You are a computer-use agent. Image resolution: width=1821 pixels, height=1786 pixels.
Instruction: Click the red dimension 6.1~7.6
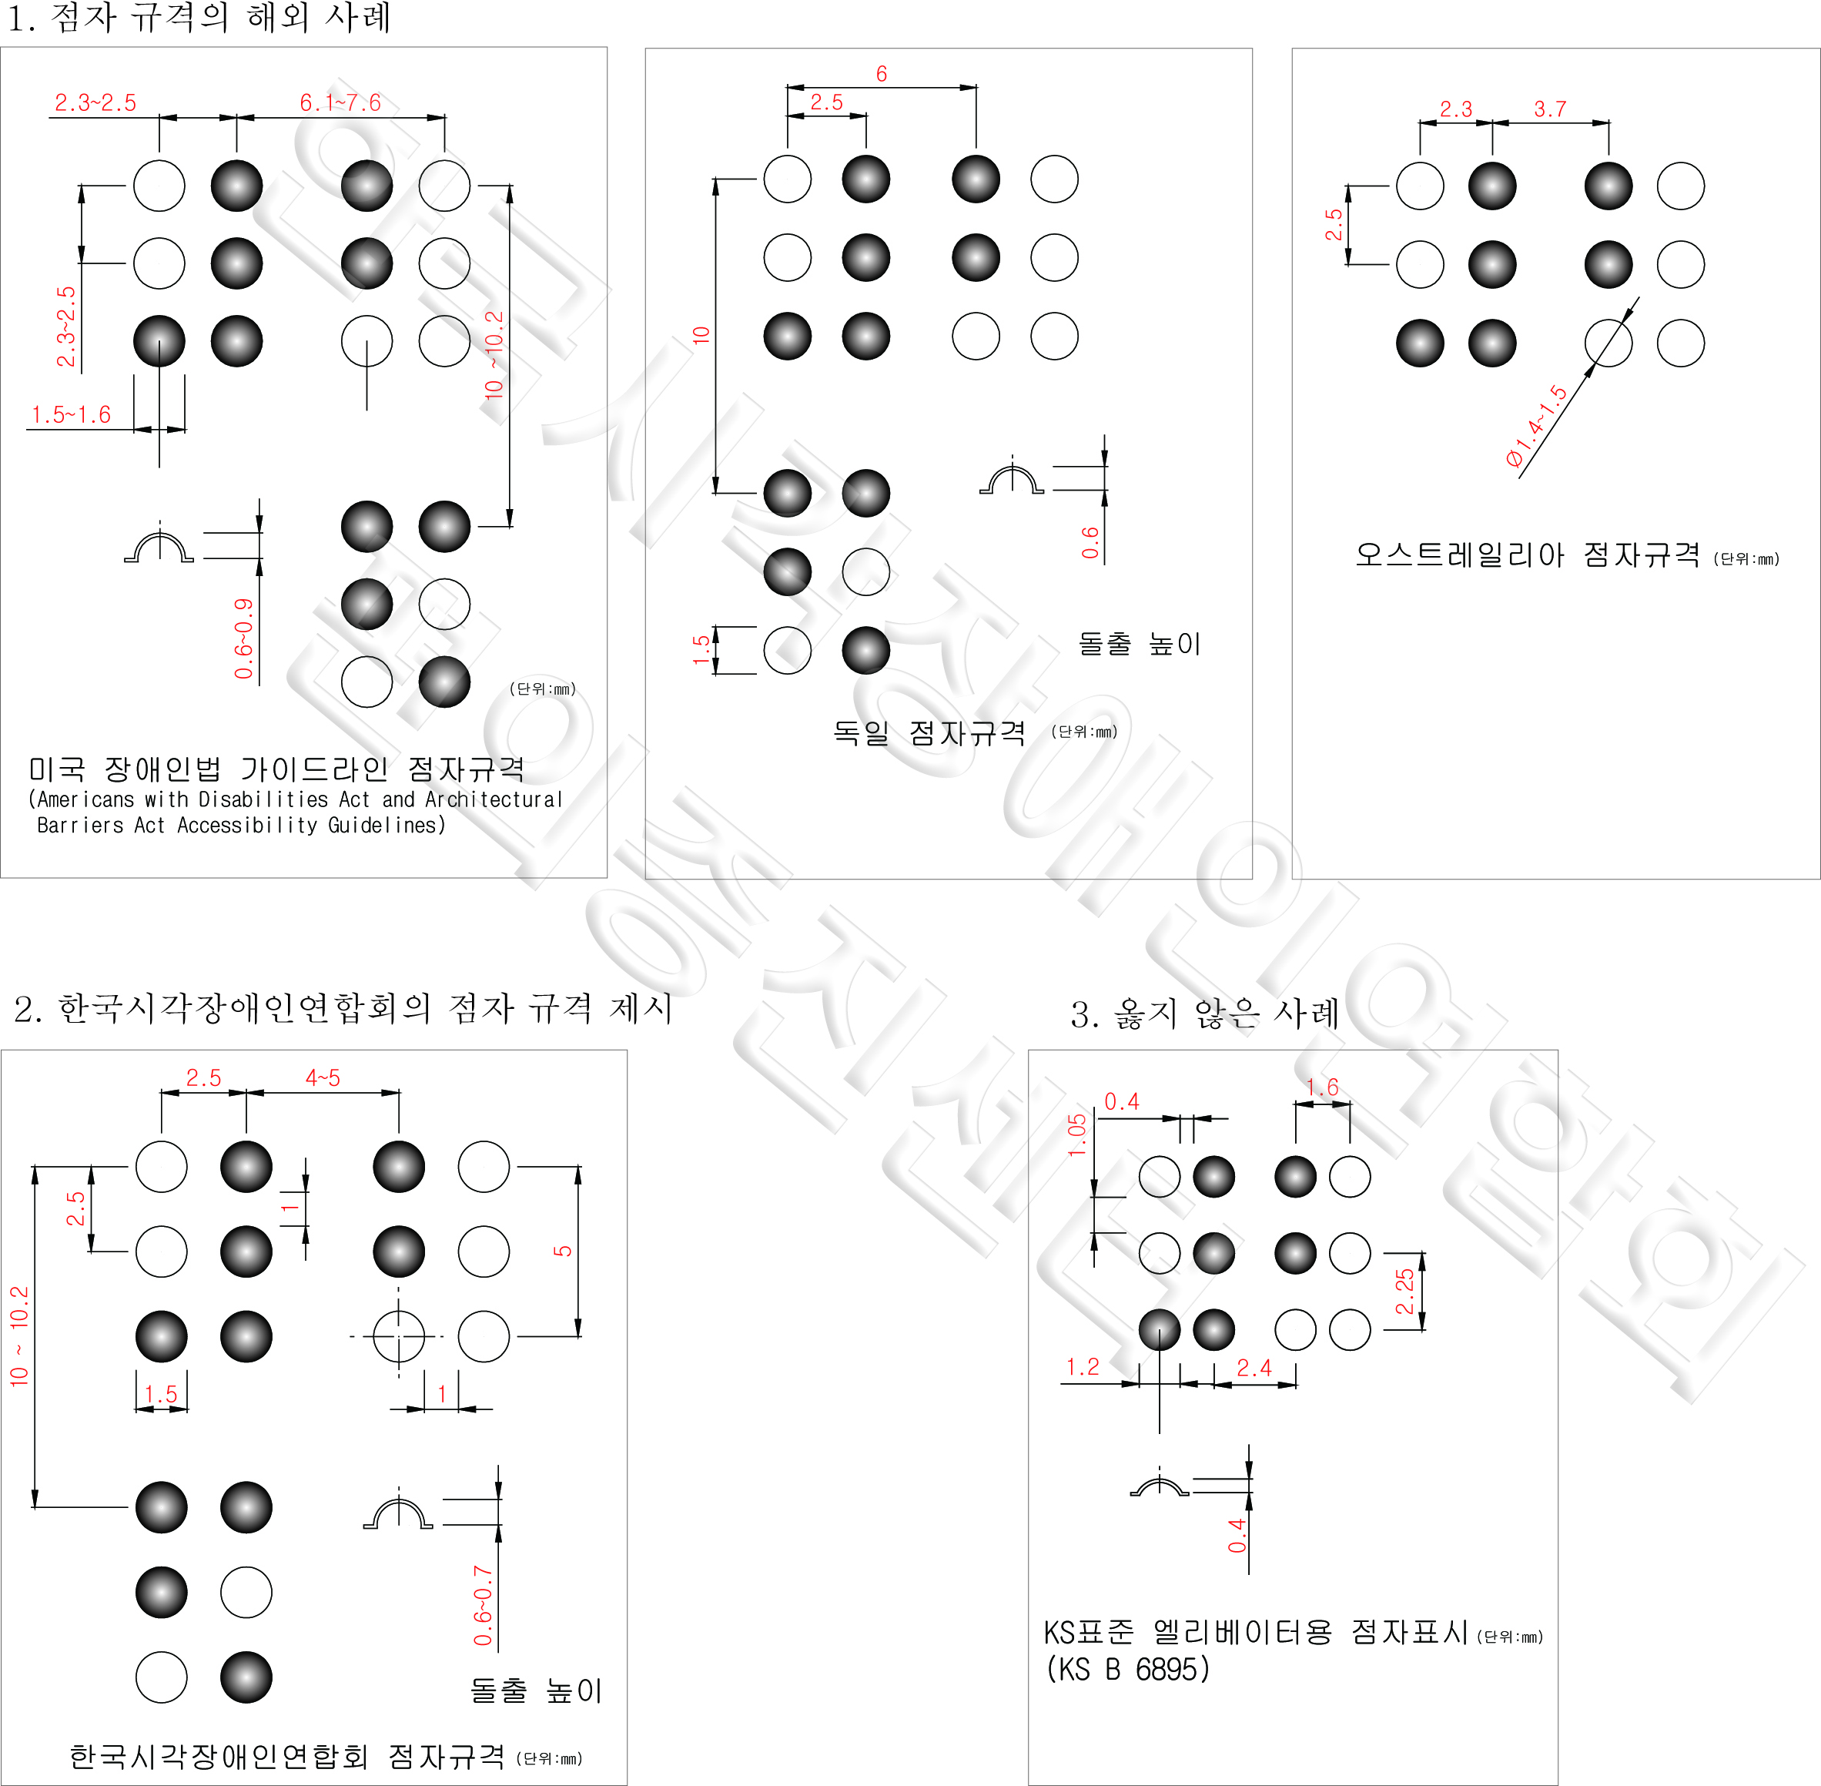(x=340, y=102)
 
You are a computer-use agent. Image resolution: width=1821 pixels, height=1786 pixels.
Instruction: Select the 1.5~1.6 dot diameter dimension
(x=72, y=414)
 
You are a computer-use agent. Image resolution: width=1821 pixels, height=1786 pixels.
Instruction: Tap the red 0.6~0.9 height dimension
(x=244, y=638)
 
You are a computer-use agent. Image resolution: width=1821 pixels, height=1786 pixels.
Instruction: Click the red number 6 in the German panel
(x=882, y=74)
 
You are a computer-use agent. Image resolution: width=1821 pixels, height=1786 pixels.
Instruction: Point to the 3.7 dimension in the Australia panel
(x=1550, y=109)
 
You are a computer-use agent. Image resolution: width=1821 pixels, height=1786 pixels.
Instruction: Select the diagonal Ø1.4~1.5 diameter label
(x=1537, y=426)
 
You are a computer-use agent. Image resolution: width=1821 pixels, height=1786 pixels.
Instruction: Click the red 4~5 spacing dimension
(x=323, y=1077)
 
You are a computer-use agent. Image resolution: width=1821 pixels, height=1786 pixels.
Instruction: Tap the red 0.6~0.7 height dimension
(x=483, y=1605)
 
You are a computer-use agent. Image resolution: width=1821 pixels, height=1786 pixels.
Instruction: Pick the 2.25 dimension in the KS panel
(x=1404, y=1292)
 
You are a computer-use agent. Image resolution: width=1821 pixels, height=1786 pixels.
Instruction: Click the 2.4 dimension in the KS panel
(x=1254, y=1368)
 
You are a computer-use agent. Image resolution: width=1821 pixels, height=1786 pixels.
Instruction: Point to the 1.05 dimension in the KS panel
(x=1077, y=1135)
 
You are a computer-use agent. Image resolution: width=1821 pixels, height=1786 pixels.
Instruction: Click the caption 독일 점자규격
(x=929, y=732)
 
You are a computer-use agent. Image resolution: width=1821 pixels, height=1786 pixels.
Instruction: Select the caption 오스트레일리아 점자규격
(x=1527, y=555)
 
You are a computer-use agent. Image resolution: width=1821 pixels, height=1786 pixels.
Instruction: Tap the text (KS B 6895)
(x=1128, y=1669)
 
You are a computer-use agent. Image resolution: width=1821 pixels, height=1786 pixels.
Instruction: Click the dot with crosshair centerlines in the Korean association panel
(x=399, y=1335)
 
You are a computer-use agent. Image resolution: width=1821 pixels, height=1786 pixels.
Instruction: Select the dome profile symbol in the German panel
(x=1012, y=477)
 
